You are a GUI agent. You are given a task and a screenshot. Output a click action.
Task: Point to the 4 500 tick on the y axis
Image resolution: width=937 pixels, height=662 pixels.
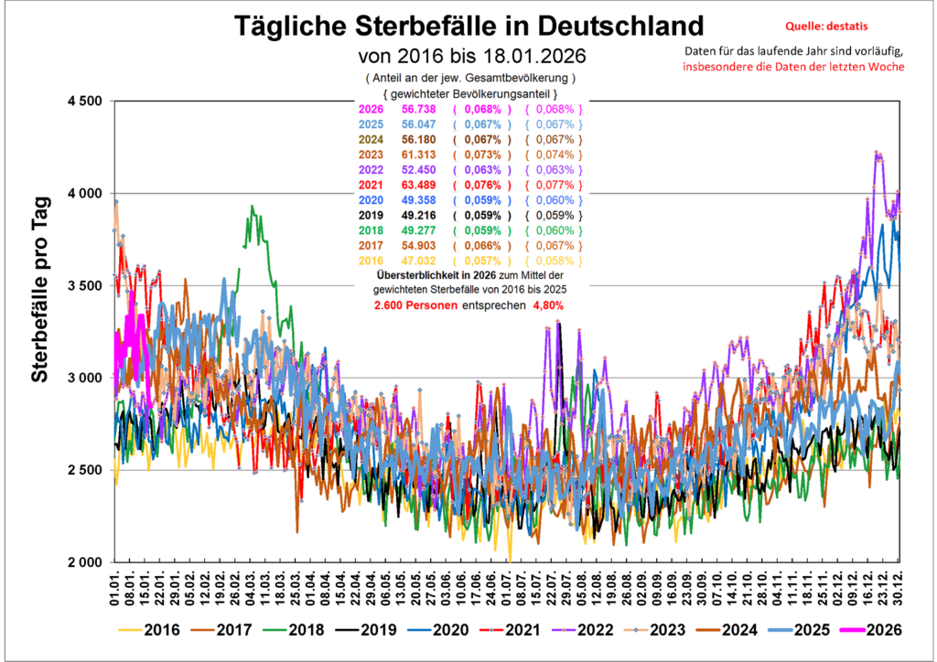click(80, 101)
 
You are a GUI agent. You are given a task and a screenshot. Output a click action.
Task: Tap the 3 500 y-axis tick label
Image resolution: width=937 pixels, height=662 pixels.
click(80, 285)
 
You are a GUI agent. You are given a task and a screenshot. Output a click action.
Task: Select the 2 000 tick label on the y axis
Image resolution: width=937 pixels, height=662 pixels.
click(80, 562)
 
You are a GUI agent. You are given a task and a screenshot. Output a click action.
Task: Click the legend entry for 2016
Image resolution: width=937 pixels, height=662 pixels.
click(151, 630)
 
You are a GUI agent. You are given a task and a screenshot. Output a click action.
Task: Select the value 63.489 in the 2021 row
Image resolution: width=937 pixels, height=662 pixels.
click(418, 185)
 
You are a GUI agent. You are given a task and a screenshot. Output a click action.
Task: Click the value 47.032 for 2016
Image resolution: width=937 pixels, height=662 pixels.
click(418, 261)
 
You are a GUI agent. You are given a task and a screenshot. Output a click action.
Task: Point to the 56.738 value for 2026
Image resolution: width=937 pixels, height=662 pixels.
click(418, 109)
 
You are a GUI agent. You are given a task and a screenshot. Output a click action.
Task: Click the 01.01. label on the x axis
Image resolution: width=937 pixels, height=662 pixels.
click(115, 588)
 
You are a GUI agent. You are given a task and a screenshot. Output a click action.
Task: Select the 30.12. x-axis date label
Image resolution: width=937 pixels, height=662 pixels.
click(899, 588)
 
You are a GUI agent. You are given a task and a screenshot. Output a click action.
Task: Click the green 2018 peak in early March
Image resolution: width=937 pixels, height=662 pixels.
click(251, 208)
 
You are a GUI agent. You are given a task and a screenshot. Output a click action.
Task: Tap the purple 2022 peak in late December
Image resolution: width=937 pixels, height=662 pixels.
click(878, 153)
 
